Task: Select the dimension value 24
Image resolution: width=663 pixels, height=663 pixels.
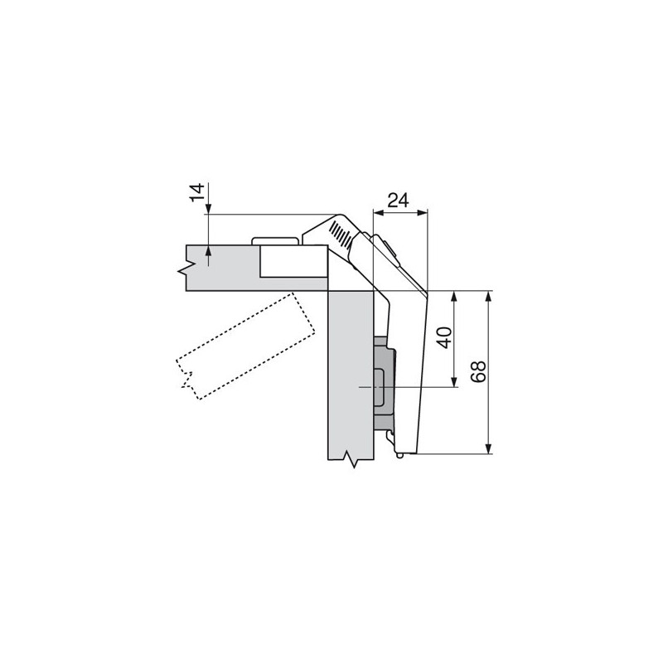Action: coord(399,200)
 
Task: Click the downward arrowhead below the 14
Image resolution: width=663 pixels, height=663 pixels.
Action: coord(209,209)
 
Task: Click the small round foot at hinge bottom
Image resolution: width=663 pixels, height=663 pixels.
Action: coord(401,454)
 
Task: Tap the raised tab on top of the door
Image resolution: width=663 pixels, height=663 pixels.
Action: coord(273,240)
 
